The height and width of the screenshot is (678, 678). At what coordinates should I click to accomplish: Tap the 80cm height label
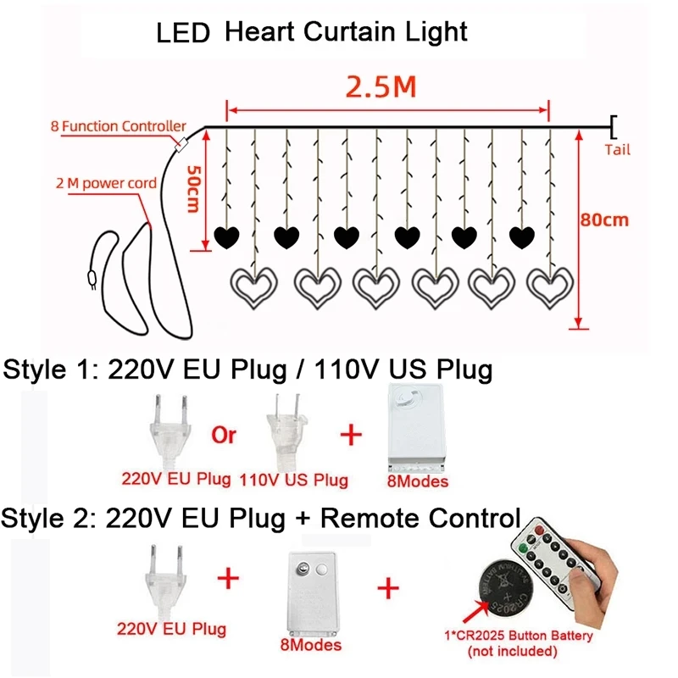point(605,220)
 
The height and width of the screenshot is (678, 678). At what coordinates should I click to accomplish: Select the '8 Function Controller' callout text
point(116,127)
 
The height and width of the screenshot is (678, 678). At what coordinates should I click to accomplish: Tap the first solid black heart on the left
point(226,235)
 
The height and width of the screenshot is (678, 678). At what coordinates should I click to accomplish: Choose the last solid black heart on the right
point(520,235)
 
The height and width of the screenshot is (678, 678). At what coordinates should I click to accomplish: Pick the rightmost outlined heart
point(551,287)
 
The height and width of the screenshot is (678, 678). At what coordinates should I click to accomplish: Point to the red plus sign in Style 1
point(350,436)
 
